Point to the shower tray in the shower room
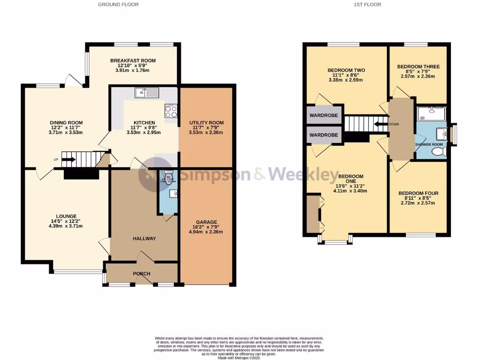(x=431, y=112)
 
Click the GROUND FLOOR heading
(x=118, y=4)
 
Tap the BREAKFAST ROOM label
(x=133, y=60)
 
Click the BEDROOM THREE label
(x=418, y=67)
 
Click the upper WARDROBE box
(x=323, y=115)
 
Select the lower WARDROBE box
(x=323, y=135)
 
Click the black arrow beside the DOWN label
(x=380, y=124)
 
